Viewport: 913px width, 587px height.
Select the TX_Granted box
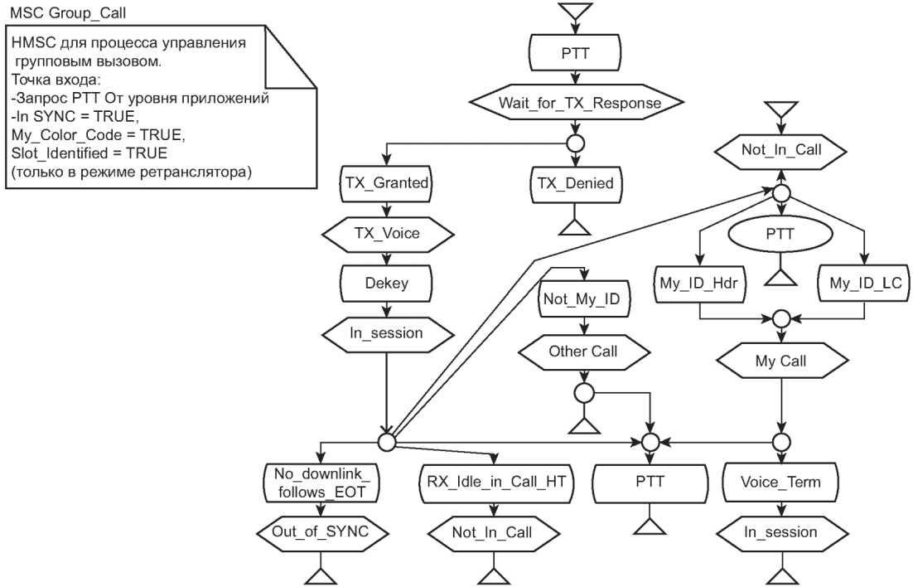(387, 183)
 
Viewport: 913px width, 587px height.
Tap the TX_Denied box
(575, 183)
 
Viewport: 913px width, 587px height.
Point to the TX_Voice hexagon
(387, 234)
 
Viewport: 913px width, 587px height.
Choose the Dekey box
(387, 284)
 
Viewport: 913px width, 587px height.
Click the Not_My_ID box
(583, 299)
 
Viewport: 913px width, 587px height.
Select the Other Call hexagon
(583, 352)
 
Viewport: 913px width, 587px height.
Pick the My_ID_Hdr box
(699, 284)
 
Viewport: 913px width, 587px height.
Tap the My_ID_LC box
(864, 284)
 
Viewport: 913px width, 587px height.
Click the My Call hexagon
(781, 361)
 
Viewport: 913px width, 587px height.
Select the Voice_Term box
(780, 482)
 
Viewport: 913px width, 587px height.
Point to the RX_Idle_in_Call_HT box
(496, 482)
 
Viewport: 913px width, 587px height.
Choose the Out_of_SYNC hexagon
(321, 531)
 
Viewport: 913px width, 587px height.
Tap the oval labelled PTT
(780, 235)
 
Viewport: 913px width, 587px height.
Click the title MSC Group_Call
(68, 12)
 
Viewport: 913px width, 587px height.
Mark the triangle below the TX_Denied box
(575, 227)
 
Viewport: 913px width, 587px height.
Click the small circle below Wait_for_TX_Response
(575, 143)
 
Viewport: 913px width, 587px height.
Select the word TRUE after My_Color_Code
(161, 135)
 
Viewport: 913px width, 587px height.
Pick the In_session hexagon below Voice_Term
(781, 531)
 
